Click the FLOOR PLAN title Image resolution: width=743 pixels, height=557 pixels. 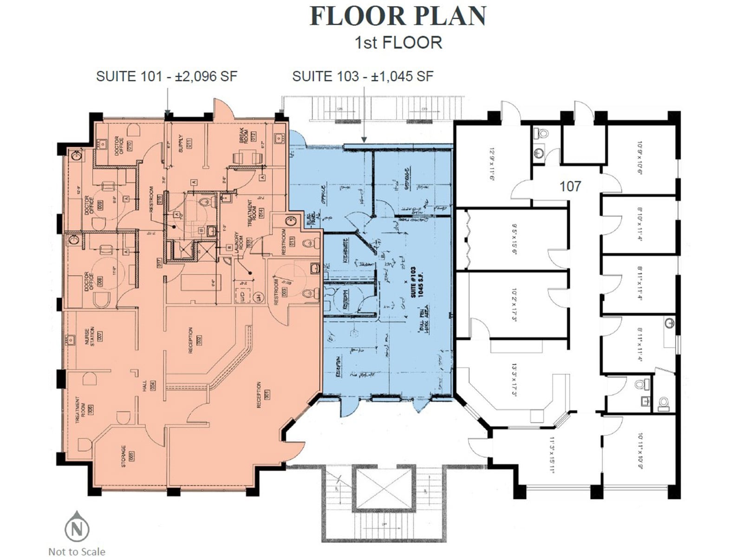point(398,16)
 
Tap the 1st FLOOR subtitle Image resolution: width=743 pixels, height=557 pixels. point(398,43)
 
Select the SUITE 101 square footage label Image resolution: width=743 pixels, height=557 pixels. point(166,76)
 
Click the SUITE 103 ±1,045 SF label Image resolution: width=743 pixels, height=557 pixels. point(363,76)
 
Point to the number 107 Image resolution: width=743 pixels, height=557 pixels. point(570,187)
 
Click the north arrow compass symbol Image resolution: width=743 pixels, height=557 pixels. point(77,527)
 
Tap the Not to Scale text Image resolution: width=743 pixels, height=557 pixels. point(77,551)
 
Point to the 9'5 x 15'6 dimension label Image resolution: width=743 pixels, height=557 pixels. point(515,239)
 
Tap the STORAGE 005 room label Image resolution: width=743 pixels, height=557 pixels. point(127,456)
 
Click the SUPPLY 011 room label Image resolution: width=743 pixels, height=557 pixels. point(185,143)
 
